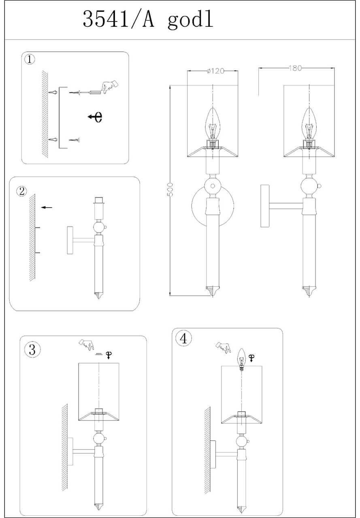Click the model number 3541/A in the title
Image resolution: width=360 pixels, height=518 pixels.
[x=119, y=19]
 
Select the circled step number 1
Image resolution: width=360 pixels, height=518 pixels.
[x=30, y=59]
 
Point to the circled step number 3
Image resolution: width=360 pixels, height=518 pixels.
[x=32, y=349]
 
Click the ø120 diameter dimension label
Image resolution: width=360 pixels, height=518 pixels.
[x=215, y=71]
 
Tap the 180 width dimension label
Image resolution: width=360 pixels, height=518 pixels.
[x=295, y=68]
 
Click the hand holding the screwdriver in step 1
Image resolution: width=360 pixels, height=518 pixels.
[x=109, y=87]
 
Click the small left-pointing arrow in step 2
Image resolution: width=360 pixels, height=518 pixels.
[x=47, y=208]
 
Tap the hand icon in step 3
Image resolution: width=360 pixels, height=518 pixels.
[x=86, y=345]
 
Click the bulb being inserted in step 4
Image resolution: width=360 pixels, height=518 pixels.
[x=242, y=359]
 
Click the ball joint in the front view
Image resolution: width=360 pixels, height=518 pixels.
[x=212, y=187]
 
